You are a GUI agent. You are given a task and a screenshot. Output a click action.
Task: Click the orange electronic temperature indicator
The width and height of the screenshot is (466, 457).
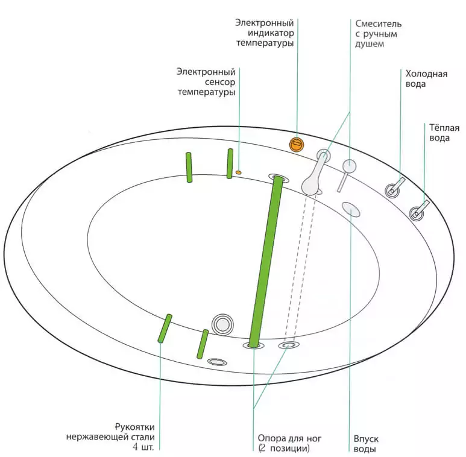point(296,144)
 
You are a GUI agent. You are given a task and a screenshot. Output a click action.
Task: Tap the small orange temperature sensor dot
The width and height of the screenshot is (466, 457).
point(239,172)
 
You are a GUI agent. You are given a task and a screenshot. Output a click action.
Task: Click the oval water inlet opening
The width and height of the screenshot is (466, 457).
point(350,209)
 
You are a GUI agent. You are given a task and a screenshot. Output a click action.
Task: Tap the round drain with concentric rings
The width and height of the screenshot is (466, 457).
point(222,324)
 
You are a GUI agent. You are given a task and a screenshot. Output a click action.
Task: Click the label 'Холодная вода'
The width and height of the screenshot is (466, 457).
point(426,79)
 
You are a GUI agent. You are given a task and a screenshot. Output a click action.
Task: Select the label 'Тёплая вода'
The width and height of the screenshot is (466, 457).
point(444,133)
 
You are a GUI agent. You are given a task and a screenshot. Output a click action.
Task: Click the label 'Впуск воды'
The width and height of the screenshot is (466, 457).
point(366,444)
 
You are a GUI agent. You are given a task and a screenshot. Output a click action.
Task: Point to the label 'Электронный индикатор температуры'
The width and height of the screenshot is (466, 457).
point(265,33)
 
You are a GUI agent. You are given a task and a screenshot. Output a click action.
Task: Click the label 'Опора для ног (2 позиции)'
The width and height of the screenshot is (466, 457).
point(283,444)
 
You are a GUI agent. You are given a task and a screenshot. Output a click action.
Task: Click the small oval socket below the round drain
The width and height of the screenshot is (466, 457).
point(217,362)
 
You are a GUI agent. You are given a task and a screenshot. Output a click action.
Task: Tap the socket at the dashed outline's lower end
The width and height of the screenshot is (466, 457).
point(288,345)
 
